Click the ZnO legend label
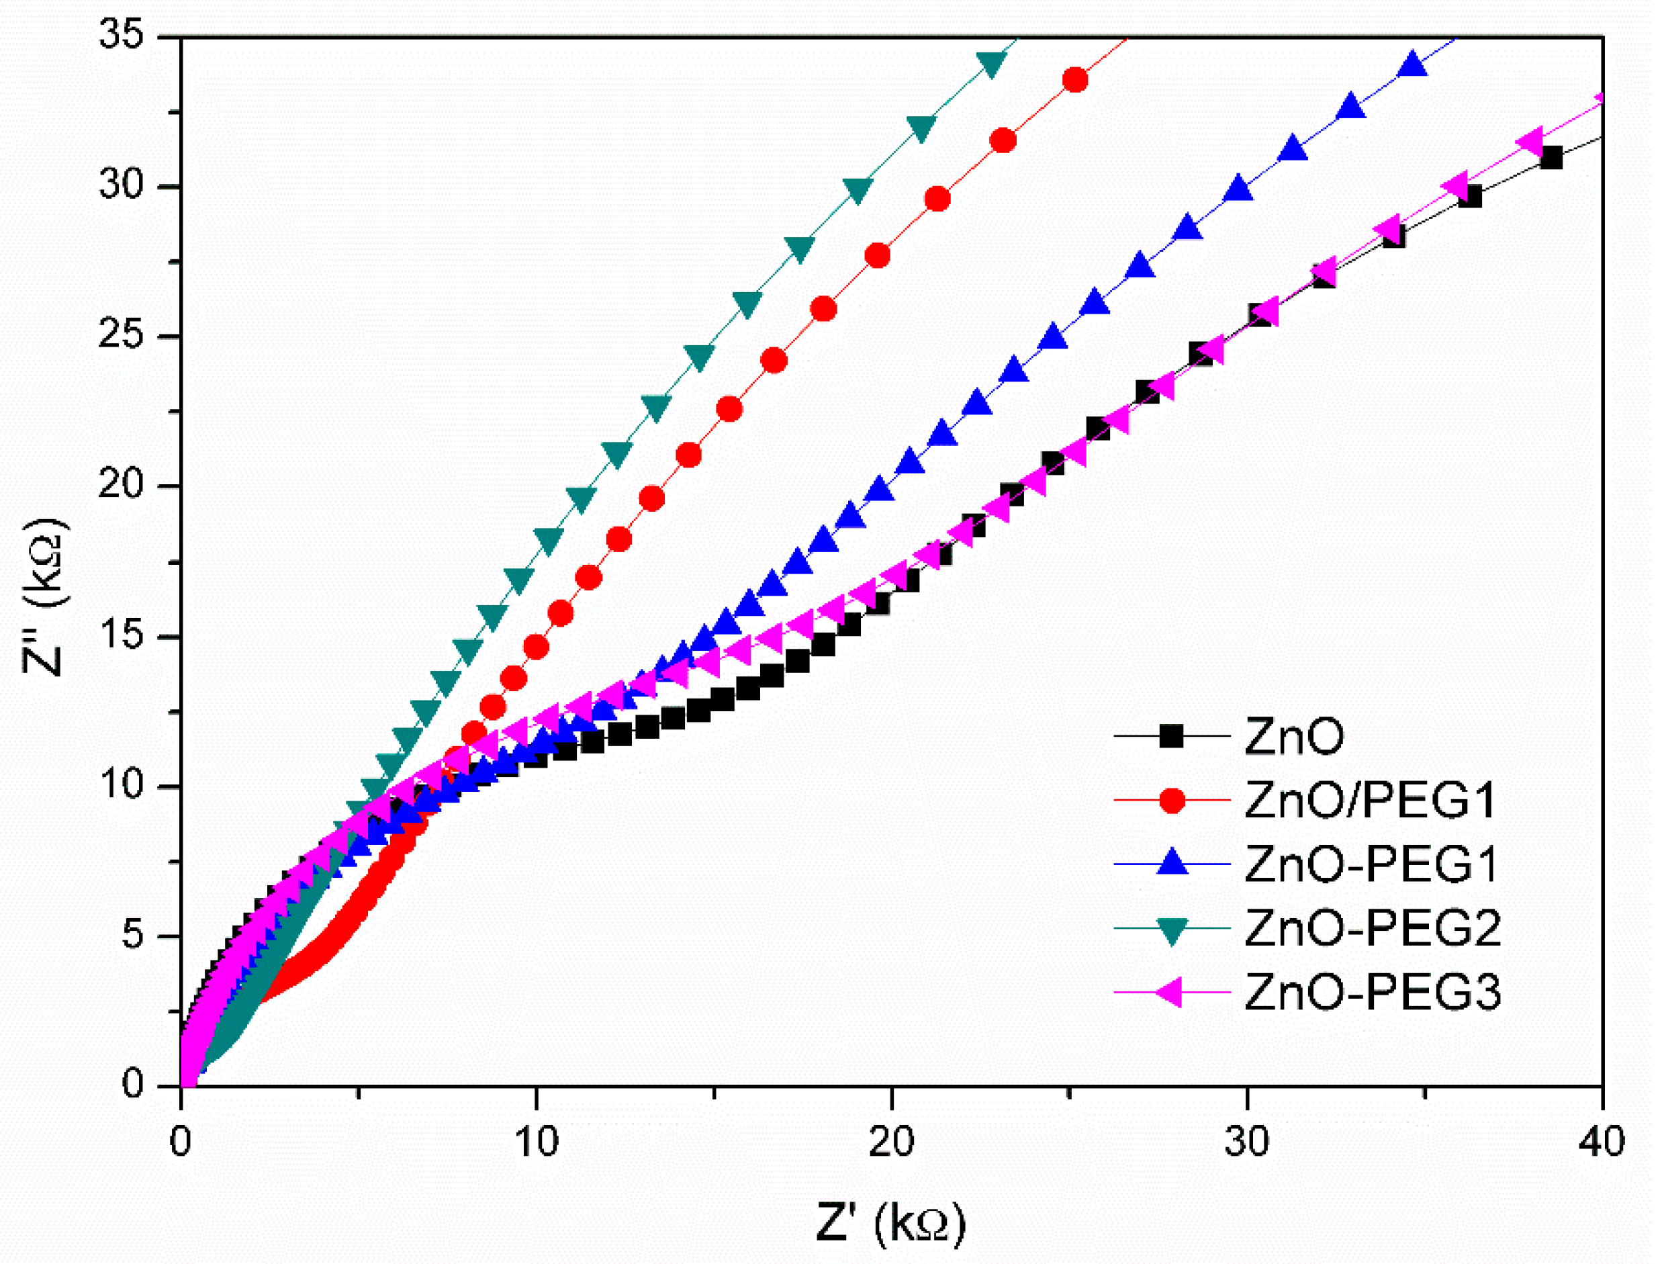click(x=1294, y=737)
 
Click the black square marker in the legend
click(x=1171, y=736)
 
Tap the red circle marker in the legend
click(x=1171, y=801)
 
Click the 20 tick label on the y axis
click(x=121, y=486)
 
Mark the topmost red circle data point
click(x=1075, y=80)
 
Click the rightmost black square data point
click(x=1551, y=159)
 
